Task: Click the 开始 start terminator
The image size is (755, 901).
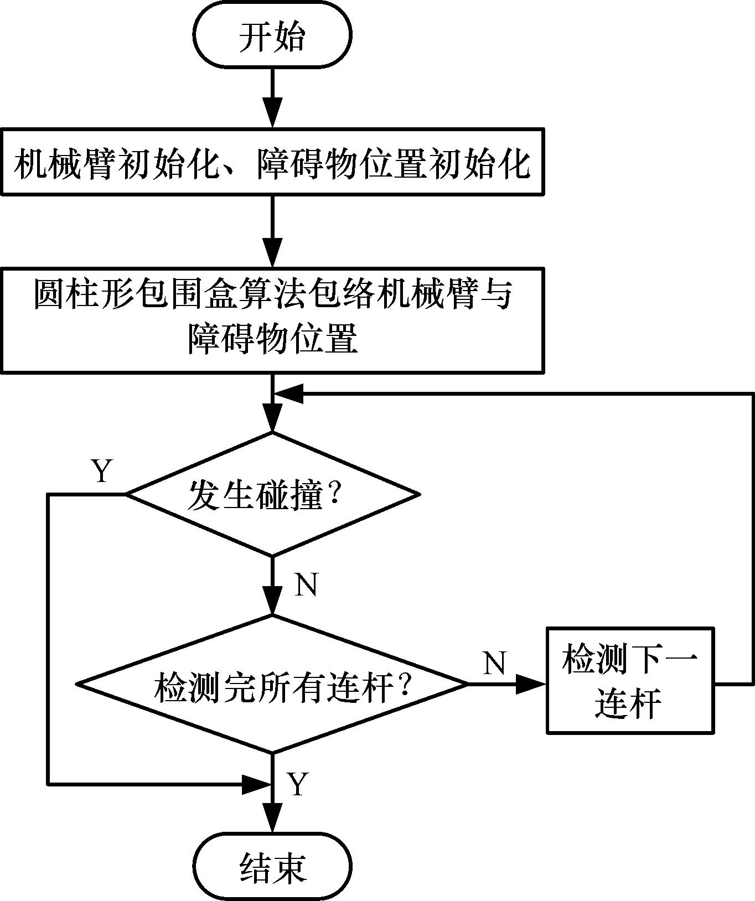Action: (272, 37)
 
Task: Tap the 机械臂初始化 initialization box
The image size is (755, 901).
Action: (272, 162)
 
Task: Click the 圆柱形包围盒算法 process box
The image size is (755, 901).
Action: (272, 320)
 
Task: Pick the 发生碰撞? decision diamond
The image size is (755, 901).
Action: (272, 494)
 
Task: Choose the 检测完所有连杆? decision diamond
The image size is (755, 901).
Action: (272, 684)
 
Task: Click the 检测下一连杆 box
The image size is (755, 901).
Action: (630, 680)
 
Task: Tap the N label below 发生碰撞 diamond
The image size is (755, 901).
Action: (306, 584)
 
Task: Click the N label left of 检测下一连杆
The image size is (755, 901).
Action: (494, 662)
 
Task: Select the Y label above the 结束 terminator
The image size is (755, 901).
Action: (298, 784)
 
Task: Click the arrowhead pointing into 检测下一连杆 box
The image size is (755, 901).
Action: (531, 684)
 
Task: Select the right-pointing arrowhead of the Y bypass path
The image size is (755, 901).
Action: (256, 784)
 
